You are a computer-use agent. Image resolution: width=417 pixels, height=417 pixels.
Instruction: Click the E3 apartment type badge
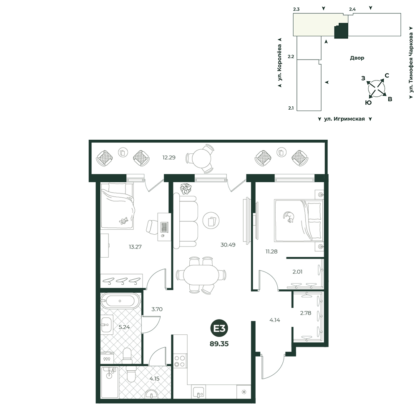pos(219,329)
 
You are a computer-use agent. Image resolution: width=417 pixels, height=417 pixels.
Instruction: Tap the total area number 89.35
pos(219,344)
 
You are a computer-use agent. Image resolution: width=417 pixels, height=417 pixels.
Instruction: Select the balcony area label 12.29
pos(169,158)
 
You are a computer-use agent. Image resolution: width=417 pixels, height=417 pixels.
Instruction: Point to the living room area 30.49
pos(228,245)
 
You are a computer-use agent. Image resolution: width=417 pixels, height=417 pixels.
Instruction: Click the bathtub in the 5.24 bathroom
pos(120,301)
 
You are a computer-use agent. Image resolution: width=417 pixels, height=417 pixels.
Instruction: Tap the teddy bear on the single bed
pos(123,221)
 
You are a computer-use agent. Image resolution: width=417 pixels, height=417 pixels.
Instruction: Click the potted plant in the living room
pos(186,188)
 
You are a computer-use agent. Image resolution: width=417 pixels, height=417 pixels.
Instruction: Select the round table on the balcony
pos(201,158)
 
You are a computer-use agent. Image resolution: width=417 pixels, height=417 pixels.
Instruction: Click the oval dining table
pos(201,275)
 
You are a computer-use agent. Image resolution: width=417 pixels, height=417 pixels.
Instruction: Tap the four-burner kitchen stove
pos(180,361)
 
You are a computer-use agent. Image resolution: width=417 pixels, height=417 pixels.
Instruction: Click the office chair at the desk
pos(152,227)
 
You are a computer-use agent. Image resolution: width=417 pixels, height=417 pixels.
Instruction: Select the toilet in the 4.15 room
pos(131,374)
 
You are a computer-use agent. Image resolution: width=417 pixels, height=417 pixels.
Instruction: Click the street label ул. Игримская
pos(344,119)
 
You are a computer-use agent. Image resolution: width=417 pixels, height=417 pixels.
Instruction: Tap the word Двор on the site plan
pos(357,58)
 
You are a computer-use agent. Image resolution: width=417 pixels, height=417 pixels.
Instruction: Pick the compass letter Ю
pos(368,103)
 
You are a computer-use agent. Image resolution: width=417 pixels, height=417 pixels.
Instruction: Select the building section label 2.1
pos(291,108)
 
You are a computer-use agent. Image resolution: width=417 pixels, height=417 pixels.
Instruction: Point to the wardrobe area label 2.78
pos(306,313)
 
